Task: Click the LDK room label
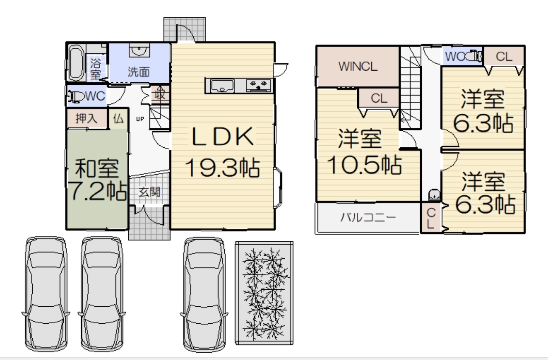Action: coord(222,136)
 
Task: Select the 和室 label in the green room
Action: coord(97,168)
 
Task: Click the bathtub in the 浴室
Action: coord(76,63)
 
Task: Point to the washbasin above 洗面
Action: coord(140,50)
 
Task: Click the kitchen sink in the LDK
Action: coord(222,86)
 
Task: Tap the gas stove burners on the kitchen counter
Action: coord(258,85)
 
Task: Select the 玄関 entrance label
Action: coord(149,192)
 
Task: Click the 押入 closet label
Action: coord(87,119)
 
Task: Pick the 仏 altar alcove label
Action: coord(118,119)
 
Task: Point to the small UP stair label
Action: coord(140,119)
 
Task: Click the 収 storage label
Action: coord(160,94)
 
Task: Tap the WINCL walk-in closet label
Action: coord(358,66)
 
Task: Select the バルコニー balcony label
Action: coord(368,217)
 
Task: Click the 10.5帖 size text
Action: coord(364,165)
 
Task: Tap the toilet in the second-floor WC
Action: coord(474,57)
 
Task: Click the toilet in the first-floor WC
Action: coord(76,96)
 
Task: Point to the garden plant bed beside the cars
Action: coord(264,293)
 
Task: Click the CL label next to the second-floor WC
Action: coord(504,57)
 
